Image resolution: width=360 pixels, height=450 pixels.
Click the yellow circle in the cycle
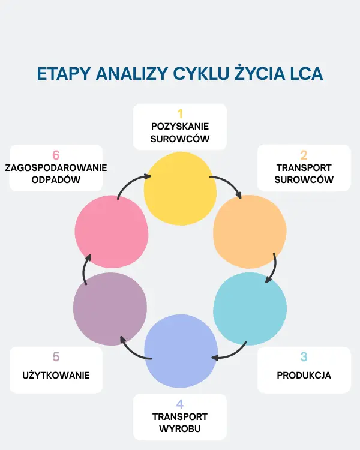tap(180, 188)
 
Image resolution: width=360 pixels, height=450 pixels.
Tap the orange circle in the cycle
tap(250, 232)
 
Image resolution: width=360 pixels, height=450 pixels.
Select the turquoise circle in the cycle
tap(250, 309)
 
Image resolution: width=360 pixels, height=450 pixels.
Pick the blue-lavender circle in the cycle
tap(181, 351)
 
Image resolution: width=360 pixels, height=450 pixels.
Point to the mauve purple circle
tap(110, 309)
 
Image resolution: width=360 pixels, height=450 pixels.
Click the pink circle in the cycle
tap(112, 232)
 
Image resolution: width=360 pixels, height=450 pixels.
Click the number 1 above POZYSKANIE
tap(180, 114)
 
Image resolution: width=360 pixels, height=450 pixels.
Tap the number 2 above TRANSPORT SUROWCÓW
tap(304, 155)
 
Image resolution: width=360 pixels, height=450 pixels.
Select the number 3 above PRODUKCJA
tap(304, 357)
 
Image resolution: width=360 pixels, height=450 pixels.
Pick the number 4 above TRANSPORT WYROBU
tap(180, 404)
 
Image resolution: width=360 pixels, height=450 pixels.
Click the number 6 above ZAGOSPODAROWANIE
tap(56, 155)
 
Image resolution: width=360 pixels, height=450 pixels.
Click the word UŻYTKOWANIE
tap(56, 375)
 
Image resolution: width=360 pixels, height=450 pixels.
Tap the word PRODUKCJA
tap(304, 375)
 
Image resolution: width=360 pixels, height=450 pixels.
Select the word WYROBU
tap(180, 429)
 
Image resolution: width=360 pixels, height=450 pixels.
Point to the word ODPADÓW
tap(56, 179)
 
